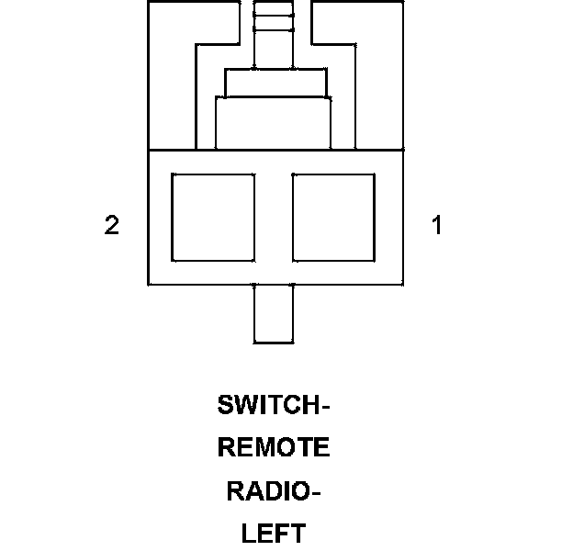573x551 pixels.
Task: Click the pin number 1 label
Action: [437, 225]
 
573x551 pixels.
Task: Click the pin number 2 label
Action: [112, 225]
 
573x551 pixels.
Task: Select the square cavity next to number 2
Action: [213, 217]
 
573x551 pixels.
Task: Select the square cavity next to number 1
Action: [332, 217]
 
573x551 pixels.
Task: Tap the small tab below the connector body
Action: [274, 313]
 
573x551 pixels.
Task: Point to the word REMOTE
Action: [274, 448]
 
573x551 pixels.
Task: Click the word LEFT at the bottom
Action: [274, 534]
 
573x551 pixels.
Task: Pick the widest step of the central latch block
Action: [273, 123]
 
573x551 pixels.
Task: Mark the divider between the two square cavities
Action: [273, 217]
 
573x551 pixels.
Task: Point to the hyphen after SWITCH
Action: [324, 405]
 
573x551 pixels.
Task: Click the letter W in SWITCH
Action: [245, 404]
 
